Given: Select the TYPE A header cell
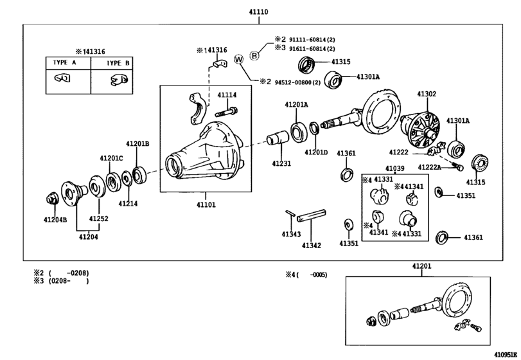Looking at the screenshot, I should (x=67, y=63).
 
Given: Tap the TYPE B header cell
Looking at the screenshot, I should (x=114, y=63).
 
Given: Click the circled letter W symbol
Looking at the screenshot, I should (x=239, y=60).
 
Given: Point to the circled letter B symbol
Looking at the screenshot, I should (x=254, y=55).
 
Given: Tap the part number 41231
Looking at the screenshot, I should (x=280, y=163).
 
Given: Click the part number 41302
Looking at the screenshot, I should (x=427, y=94).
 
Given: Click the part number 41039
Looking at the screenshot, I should (x=394, y=168).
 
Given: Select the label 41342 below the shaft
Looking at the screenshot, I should (x=312, y=244).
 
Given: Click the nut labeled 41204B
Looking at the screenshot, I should (x=53, y=199).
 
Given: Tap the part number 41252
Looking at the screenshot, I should (x=98, y=219).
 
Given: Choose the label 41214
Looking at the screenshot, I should (x=127, y=203).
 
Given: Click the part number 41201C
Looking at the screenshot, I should (x=110, y=158).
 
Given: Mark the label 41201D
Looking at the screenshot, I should (x=316, y=152).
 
